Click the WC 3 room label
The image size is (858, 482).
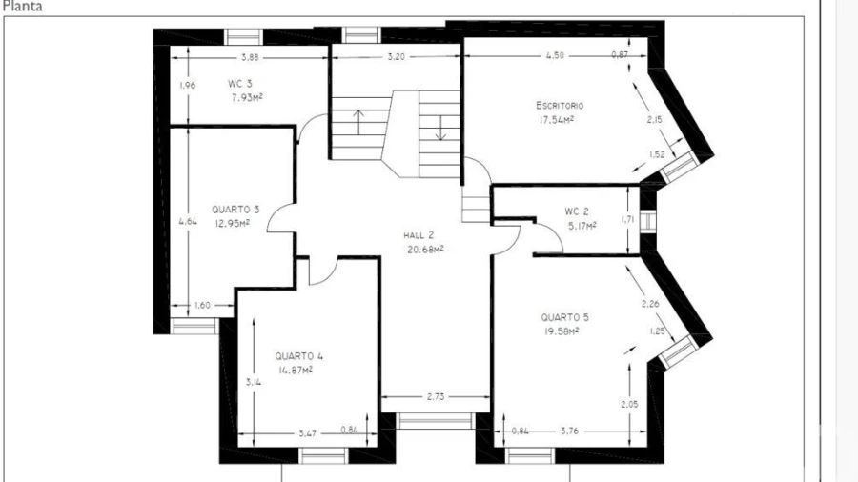240,84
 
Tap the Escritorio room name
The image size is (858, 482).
560,105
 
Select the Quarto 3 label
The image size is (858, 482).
235,210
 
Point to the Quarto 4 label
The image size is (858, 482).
298,356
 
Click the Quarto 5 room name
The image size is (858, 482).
564,317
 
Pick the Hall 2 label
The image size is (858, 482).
419,235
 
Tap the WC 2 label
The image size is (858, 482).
577,211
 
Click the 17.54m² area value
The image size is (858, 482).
557,120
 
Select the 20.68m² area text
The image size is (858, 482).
425,250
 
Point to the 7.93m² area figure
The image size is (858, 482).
247,98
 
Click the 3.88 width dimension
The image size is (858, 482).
250,57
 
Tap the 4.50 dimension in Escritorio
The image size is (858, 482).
555,55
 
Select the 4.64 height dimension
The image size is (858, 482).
188,221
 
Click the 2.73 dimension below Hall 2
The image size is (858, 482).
436,397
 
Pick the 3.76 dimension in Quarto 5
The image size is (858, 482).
570,432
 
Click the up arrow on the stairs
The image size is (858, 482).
358,122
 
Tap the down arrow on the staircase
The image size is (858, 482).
441,129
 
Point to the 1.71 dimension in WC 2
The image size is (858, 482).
627,220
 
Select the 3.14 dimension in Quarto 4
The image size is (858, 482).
254,383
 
